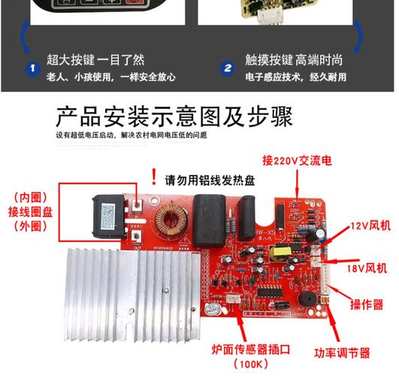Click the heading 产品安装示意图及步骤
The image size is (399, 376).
tap(174, 119)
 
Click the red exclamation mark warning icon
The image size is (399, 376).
tap(154, 177)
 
